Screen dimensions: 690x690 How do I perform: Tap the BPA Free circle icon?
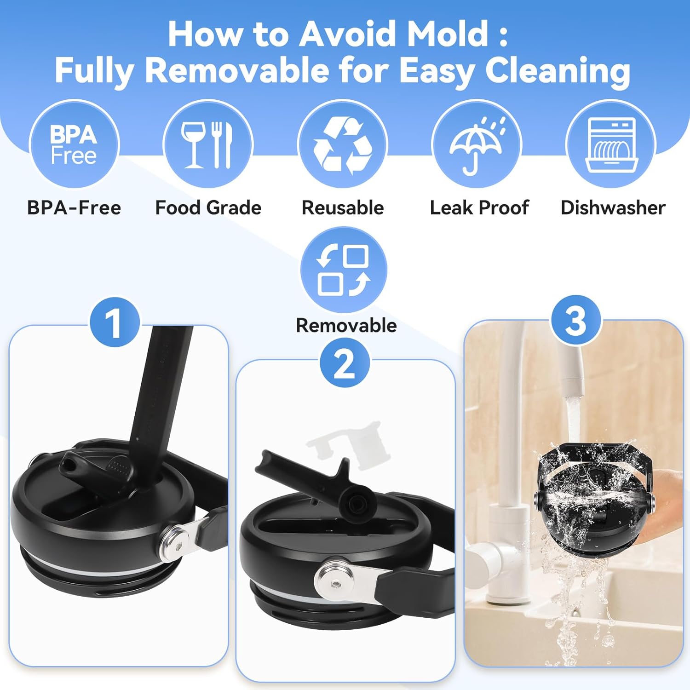coord(74,144)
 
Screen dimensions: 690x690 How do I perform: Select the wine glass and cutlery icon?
coord(208,144)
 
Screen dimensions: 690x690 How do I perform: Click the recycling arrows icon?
coord(343,144)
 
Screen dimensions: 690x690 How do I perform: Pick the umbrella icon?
coord(477,144)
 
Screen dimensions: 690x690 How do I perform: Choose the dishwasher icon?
coord(611,144)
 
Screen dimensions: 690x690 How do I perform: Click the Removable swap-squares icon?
coord(344,270)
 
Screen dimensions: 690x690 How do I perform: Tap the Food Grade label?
coord(208,208)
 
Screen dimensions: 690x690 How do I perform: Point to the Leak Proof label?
coord(479,208)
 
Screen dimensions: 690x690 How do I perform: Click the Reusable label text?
coord(343,208)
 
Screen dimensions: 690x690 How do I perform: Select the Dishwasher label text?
coord(613,208)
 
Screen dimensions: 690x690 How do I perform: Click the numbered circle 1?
coord(115,322)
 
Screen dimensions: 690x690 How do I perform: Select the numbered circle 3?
coord(576,320)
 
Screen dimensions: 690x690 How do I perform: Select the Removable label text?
coord(346,326)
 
